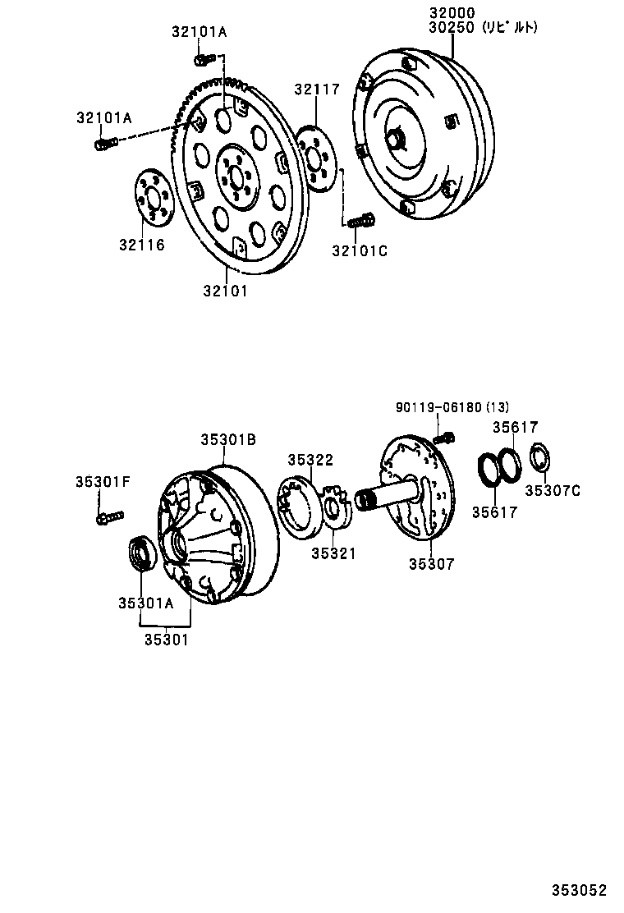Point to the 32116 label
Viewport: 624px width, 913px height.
pyautogui.click(x=141, y=244)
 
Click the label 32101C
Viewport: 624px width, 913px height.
pyautogui.click(x=359, y=250)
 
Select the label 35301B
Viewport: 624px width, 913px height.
pyautogui.click(x=228, y=440)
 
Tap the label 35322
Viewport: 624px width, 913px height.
pyautogui.click(x=310, y=460)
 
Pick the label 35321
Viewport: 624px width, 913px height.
pyautogui.click(x=333, y=553)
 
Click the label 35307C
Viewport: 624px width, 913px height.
pyautogui.click(x=553, y=490)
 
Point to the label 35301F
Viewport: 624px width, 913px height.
pyautogui.click(x=103, y=481)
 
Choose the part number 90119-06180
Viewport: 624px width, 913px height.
pyautogui.click(x=438, y=408)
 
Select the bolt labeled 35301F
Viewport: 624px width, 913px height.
pyautogui.click(x=109, y=517)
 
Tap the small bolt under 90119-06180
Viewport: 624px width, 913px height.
pyautogui.click(x=443, y=437)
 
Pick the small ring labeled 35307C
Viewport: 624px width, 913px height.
pyautogui.click(x=540, y=457)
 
